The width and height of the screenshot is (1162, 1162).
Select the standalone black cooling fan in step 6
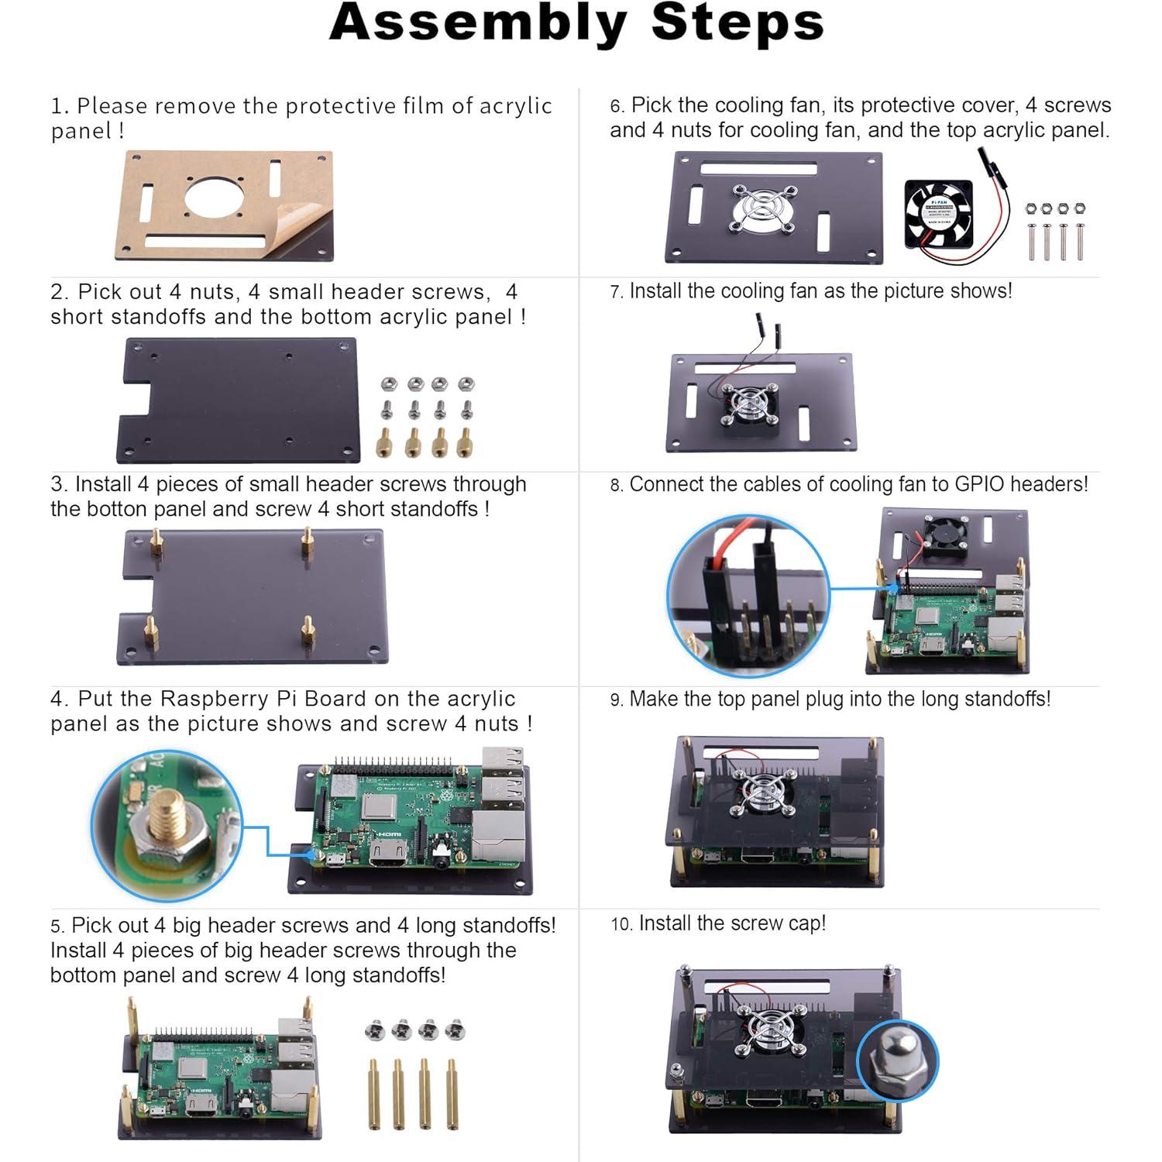939,214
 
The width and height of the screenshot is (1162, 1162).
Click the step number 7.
616,293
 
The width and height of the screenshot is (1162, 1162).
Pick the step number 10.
621,925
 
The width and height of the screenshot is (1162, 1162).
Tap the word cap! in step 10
807,923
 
